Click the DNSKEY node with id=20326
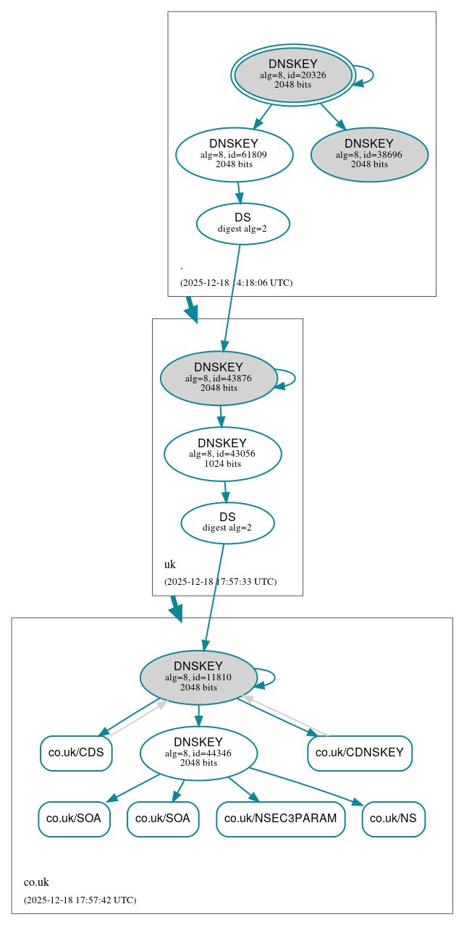coord(293,75)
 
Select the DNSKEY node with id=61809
coord(234,154)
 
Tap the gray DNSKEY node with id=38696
coord(369,154)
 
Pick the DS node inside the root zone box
coord(242,224)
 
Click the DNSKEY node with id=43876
coord(219,378)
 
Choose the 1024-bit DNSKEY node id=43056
coord(222,454)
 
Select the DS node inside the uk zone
coord(227,523)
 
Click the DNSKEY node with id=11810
coord(198,677)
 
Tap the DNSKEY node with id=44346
coord(198,753)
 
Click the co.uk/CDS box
coord(76,753)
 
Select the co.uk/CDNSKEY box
coord(360,753)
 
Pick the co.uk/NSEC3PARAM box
coord(280,819)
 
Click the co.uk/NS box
coord(393,819)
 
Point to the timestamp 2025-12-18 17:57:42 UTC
coord(80,900)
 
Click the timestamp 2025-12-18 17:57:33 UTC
coord(220,581)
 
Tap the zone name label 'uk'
coord(170,565)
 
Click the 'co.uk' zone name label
coord(36,882)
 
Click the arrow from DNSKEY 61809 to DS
coord(239,193)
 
